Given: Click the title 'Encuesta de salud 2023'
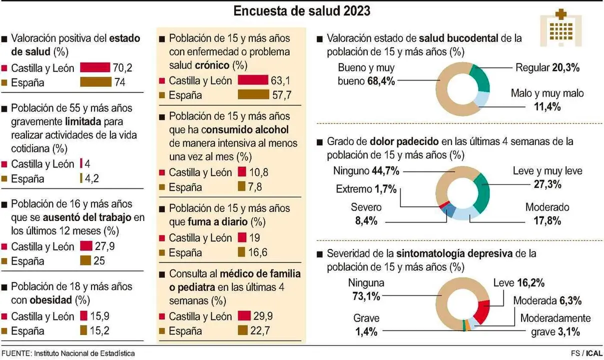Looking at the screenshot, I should [x=302, y=10].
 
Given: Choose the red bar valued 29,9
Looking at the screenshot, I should [x=244, y=316].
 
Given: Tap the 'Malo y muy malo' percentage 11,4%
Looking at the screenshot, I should [x=547, y=106].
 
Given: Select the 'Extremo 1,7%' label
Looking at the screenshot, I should [x=366, y=189].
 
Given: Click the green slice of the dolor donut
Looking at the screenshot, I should [x=482, y=192].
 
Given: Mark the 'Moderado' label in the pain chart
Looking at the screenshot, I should [x=547, y=207].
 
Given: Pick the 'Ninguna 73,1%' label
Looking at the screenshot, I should [x=366, y=289].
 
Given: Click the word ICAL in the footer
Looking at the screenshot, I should [x=594, y=353].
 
